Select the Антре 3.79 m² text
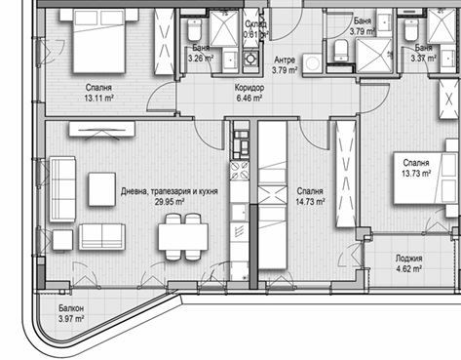286,64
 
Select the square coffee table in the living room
102,188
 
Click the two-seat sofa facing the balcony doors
101,236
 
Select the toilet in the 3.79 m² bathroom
340,50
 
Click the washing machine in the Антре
314,61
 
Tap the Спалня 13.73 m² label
417,169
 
